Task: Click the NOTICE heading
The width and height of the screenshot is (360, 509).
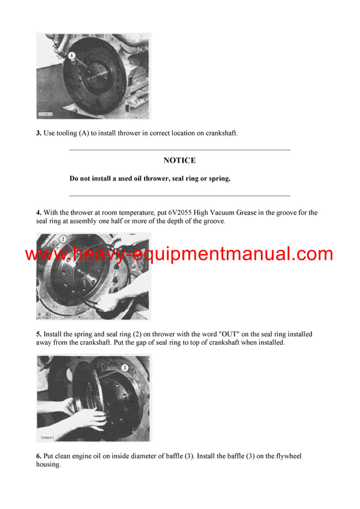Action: point(179,161)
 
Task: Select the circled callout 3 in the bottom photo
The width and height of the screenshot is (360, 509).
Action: point(125,367)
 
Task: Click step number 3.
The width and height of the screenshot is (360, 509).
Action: point(38,133)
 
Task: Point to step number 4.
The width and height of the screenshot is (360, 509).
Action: point(38,213)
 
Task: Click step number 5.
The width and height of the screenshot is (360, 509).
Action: point(38,335)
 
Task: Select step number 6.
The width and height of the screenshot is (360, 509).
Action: point(38,456)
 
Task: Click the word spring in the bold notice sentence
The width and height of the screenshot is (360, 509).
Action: point(218,179)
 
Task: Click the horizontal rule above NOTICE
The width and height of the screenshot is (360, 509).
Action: point(179,149)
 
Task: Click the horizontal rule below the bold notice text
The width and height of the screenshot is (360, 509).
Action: point(179,195)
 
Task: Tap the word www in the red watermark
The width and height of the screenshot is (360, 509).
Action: point(47,255)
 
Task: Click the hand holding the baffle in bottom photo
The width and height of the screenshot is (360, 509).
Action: point(90,417)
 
